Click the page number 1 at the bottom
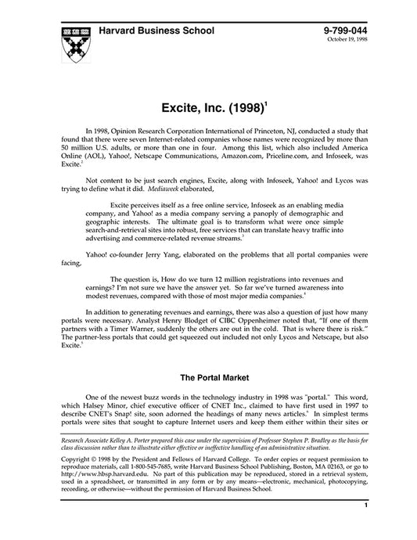[x=365, y=528]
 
